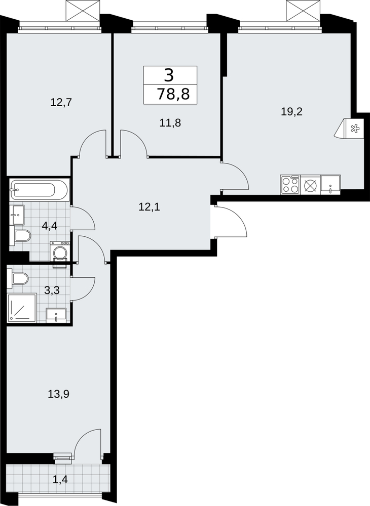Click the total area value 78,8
[173, 95]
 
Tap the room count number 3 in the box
[169, 76]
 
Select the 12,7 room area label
[61, 103]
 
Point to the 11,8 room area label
[170, 122]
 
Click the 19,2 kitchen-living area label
[291, 112]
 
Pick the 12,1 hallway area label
[150, 207]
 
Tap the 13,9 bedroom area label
[59, 394]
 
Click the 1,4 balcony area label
[60, 479]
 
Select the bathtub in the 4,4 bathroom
[39, 190]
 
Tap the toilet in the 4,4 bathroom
[20, 236]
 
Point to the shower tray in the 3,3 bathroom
[22, 308]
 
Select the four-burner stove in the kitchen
[290, 185]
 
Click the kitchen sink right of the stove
[330, 185]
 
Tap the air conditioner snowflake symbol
[355, 129]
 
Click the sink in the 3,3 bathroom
[56, 315]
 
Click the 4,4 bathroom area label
[50, 226]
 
